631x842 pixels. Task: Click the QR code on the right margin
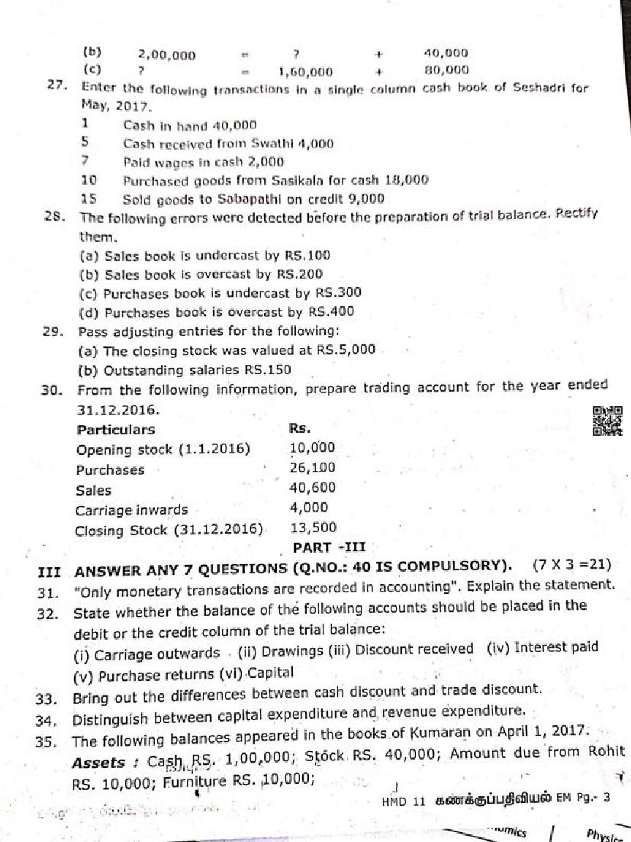(607, 421)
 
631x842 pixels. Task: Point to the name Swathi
(282, 143)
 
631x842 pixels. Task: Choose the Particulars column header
(115, 429)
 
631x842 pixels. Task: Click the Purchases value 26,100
(312, 468)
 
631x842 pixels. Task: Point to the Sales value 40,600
(312, 488)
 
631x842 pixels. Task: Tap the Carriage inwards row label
(131, 509)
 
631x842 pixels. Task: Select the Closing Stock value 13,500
(314, 527)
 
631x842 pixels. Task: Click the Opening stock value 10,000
(312, 448)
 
